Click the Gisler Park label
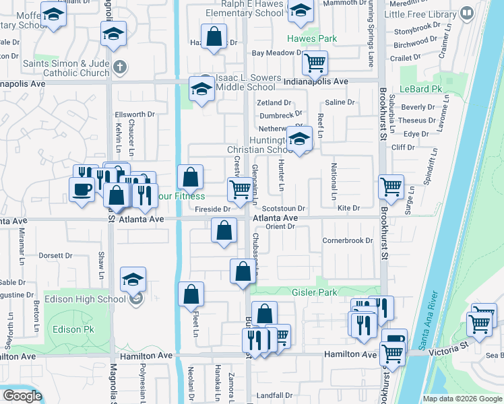coord(314,292)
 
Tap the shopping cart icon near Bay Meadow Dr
coord(315,63)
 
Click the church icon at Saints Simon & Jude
coord(119,67)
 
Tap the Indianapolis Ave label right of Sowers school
coord(315,81)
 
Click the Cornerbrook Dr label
coord(347,240)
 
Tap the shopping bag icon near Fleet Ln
coord(191,294)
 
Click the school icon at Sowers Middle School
coord(201,88)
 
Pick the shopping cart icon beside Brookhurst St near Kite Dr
coord(390,187)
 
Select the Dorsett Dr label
coord(55,256)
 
